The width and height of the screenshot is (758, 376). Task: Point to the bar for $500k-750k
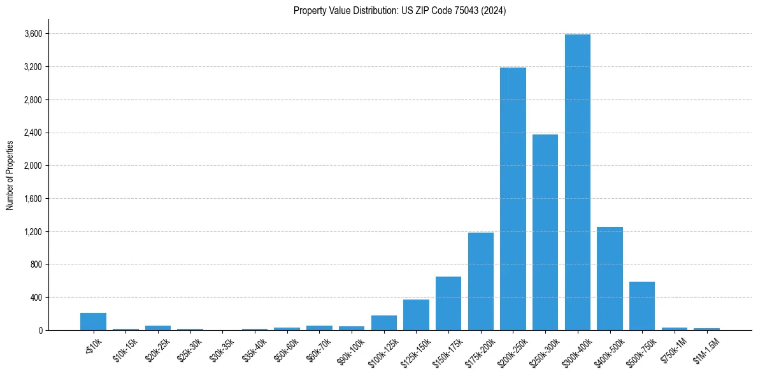[642, 306]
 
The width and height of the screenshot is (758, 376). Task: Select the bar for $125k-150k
[416, 315]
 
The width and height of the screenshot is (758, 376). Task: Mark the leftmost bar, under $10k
[94, 321]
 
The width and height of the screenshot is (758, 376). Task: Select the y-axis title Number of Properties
[10, 175]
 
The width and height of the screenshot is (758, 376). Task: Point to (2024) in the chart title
[495, 11]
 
